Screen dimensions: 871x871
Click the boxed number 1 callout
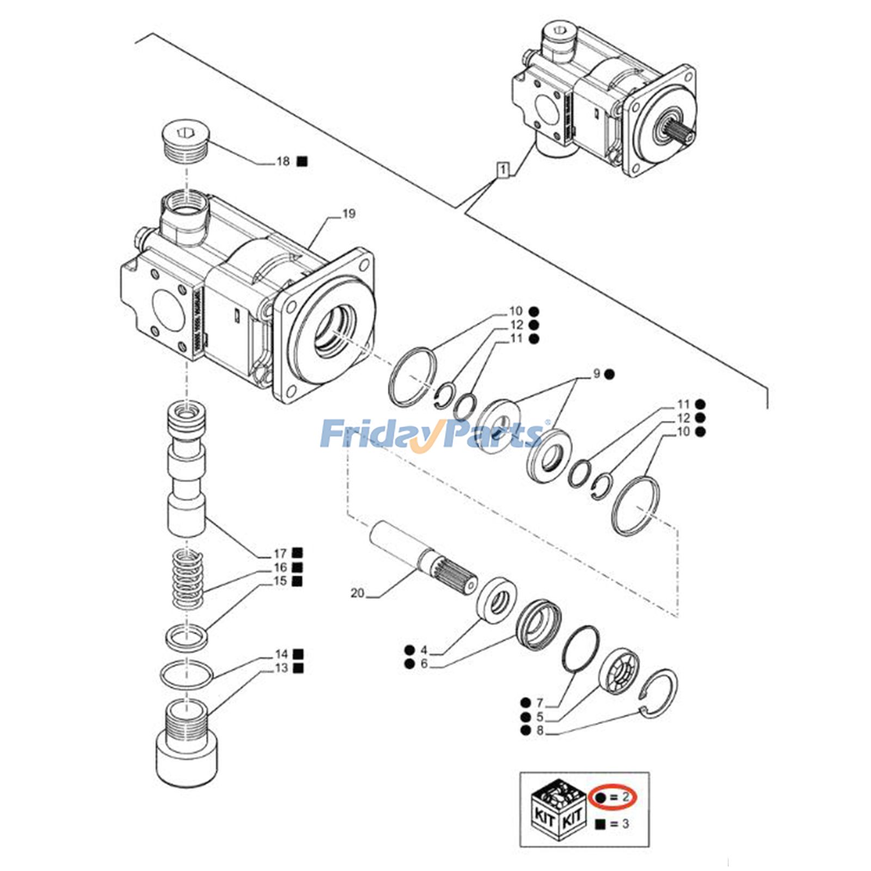[x=503, y=170]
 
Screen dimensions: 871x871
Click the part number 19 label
[x=348, y=213]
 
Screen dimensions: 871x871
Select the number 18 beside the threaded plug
[x=283, y=161]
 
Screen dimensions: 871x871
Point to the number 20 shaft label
[x=357, y=593]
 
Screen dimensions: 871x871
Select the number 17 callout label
[x=280, y=554]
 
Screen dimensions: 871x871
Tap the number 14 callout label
[x=281, y=654]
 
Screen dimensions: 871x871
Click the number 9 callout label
[x=597, y=373]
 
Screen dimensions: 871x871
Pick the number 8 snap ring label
[x=539, y=731]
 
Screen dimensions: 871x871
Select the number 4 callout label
[x=424, y=650]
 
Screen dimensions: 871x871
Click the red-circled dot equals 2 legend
[x=613, y=797]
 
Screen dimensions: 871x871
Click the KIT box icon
[x=557, y=809]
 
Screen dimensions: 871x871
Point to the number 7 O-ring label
[x=539, y=703]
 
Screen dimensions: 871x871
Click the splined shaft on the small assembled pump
[x=680, y=132]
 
